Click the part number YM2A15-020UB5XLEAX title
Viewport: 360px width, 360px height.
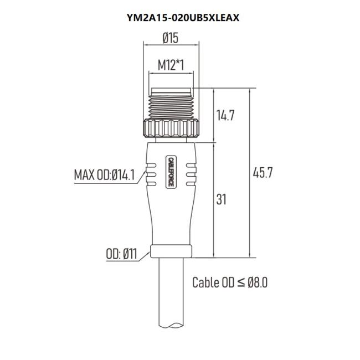coord(183,18)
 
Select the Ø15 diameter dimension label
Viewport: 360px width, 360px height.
coord(171,38)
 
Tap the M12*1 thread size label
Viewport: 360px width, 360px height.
coord(171,65)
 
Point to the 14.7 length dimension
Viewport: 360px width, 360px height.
coord(225,115)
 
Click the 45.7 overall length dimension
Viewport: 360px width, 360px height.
coord(263,173)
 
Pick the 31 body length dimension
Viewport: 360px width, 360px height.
coord(222,199)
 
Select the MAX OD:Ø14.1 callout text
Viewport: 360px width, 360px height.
coord(104,175)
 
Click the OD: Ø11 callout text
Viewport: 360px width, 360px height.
coord(121,254)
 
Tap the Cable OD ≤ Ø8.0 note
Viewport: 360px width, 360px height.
coord(230,282)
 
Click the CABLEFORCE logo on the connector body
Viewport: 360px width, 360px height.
coord(171,172)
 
